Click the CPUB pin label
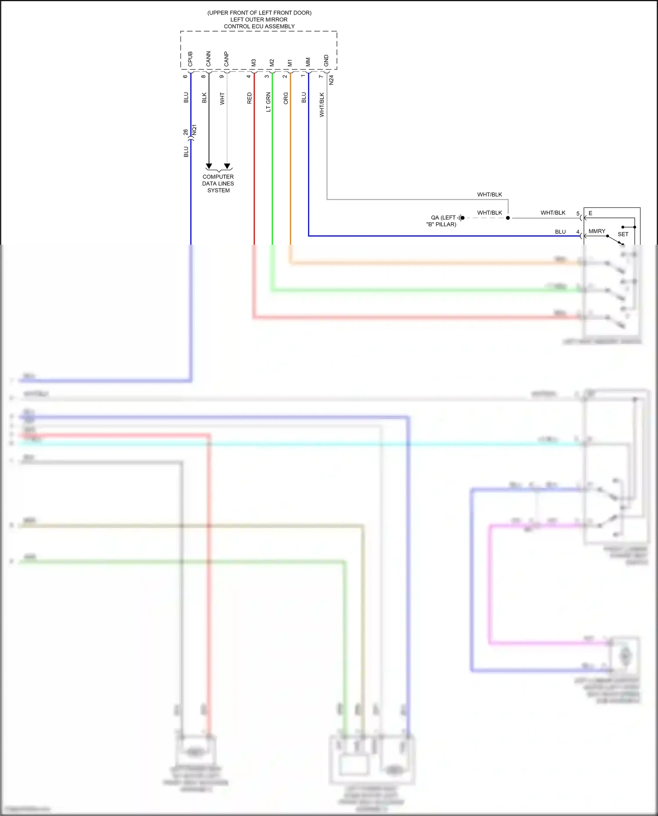click(190, 59)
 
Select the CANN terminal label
click(208, 59)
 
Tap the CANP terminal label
click(226, 59)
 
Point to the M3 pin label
click(254, 63)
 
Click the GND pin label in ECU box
click(326, 61)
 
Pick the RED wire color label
click(250, 98)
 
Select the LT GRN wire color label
click(268, 102)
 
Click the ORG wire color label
click(286, 98)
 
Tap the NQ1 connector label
click(195, 130)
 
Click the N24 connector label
click(331, 80)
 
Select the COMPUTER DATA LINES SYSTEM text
click(218, 183)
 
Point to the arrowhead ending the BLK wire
click(209, 166)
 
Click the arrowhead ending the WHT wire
click(227, 166)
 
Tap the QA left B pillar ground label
click(442, 221)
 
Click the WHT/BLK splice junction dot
click(508, 217)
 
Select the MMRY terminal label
click(597, 231)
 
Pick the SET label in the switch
click(623, 234)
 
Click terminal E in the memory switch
click(590, 213)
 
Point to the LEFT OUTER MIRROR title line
click(259, 19)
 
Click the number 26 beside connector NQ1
click(186, 132)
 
